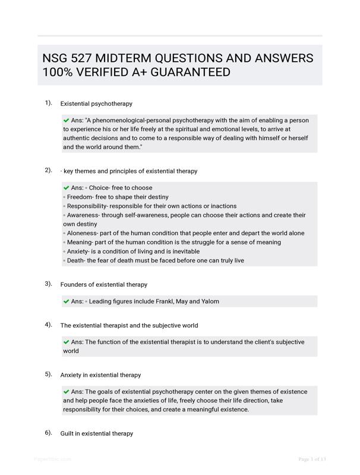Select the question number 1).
coord(48,103)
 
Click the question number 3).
coord(48,284)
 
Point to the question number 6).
coord(48,433)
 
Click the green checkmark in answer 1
coord(66,120)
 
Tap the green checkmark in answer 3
coord(66,301)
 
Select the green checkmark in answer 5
coord(66,392)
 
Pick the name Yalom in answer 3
coord(210,301)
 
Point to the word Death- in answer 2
coord(75,260)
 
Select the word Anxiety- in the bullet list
coord(80,251)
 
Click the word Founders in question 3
coord(74,284)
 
